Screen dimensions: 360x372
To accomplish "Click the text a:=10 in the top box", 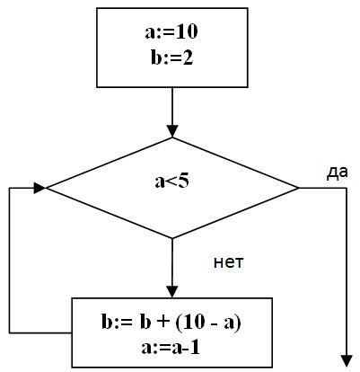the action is (171, 31).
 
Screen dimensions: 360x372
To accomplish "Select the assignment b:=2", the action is (172, 58).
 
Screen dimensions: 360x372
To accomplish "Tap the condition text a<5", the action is (172, 181).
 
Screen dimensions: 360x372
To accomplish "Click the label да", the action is (337, 173).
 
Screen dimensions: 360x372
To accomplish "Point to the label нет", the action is (229, 262).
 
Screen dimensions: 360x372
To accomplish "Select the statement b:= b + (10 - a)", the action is (171, 323).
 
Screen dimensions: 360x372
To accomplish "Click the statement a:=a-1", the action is (171, 348).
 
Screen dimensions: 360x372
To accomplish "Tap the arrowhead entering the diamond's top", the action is (172, 131).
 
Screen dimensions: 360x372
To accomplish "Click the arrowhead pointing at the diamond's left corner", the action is (40, 188).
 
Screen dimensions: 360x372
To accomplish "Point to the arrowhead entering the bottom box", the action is (172, 292).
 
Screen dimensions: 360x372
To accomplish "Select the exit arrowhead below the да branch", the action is (347, 361).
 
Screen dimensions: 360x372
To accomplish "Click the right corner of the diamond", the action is (298, 188).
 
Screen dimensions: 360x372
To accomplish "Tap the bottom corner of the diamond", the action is (172, 238).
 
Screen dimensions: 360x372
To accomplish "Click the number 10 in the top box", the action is (186, 31).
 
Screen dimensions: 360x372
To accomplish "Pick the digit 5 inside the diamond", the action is (184, 181).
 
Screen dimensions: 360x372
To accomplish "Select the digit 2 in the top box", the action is (188, 58).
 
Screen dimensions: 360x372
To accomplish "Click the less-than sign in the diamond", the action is (171, 182).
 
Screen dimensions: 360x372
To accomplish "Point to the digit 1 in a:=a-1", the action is (195, 348).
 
